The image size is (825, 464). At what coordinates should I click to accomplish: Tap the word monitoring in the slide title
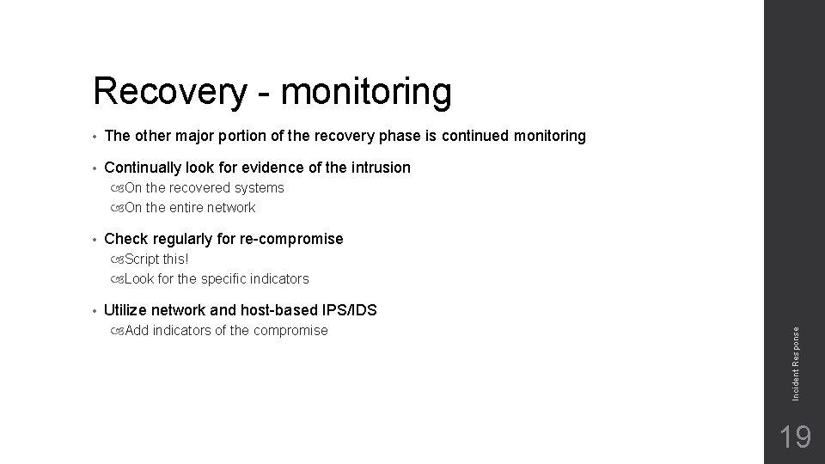click(x=366, y=93)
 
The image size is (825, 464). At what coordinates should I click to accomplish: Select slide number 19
click(x=795, y=437)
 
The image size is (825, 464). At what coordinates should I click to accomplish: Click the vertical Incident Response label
click(x=796, y=360)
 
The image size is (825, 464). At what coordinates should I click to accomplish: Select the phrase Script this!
click(x=156, y=259)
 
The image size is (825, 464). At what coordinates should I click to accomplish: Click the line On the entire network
click(x=189, y=207)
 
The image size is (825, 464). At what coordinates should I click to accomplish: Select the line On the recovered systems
click(x=204, y=187)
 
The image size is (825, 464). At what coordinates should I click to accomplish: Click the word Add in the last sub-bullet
click(x=137, y=331)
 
